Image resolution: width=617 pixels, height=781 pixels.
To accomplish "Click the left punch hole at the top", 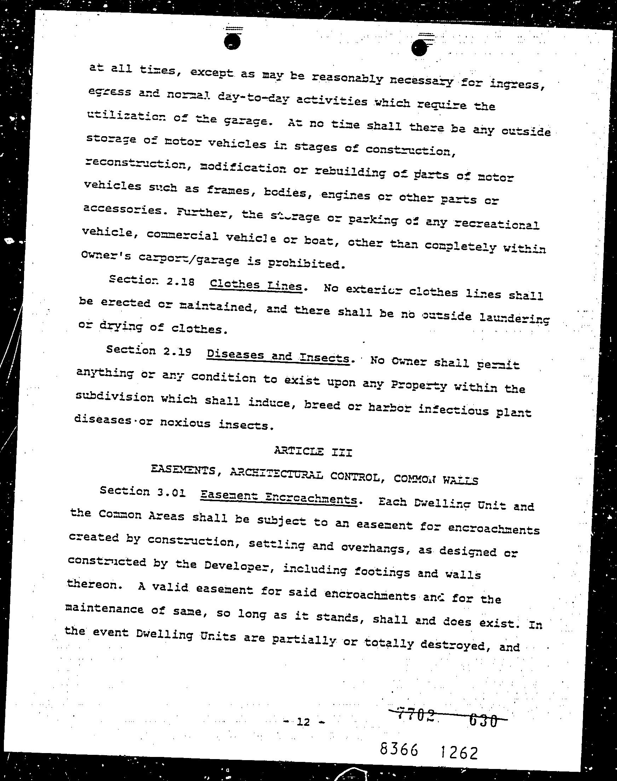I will (x=232, y=41).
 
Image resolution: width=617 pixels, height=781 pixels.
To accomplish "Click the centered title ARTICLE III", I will (x=313, y=452).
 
